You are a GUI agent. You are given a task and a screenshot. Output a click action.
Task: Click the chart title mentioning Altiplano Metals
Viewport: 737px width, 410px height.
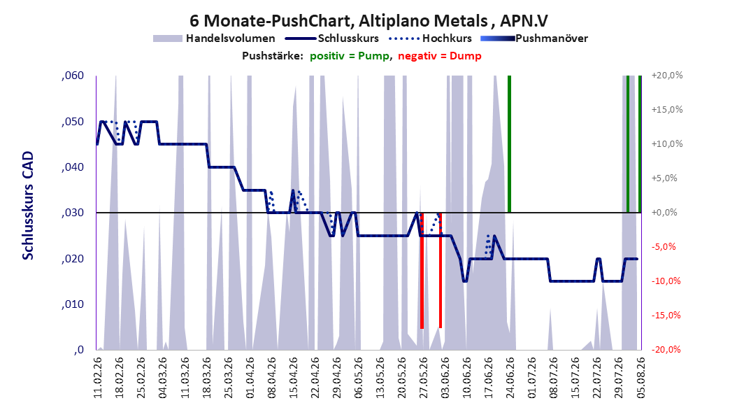click(x=368, y=21)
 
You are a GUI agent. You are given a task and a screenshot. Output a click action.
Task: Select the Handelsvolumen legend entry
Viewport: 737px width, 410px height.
click(x=214, y=38)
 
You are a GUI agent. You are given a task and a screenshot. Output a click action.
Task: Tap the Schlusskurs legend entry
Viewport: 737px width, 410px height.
click(x=332, y=38)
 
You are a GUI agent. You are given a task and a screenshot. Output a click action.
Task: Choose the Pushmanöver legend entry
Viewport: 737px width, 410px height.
click(x=534, y=38)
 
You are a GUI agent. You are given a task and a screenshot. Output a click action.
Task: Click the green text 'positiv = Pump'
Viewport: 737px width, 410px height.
click(x=350, y=56)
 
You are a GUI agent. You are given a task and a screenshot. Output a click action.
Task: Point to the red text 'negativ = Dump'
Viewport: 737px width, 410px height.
click(x=440, y=56)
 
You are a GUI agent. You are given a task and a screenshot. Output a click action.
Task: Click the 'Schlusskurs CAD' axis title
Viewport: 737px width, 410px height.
click(x=28, y=206)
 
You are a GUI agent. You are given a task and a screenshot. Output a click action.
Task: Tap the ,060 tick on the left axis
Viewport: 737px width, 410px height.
click(x=73, y=76)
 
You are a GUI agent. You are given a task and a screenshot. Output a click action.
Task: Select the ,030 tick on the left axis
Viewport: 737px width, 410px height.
click(x=73, y=213)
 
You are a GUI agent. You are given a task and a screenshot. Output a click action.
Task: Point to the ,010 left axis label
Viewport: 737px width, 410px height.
click(x=73, y=304)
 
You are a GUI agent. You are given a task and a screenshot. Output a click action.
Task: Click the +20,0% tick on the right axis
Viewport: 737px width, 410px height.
click(x=667, y=76)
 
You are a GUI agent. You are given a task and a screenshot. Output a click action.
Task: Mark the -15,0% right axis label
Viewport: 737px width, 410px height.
click(x=666, y=316)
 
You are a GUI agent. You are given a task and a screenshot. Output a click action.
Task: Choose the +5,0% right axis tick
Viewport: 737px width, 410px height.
click(x=664, y=178)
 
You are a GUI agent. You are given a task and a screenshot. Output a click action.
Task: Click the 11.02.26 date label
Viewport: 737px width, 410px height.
click(x=98, y=377)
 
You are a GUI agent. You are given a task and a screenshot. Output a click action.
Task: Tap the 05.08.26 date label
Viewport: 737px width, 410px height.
click(x=641, y=377)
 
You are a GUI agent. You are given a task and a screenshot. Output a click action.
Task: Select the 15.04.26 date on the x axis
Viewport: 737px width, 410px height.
click(x=293, y=377)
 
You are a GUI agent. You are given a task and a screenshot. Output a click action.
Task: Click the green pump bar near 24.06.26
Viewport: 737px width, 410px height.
click(x=510, y=144)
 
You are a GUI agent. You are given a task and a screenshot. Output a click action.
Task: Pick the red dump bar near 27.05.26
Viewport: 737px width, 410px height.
click(x=422, y=270)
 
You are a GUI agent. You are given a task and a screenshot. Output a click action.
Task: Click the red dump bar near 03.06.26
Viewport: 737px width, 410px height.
click(x=441, y=270)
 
